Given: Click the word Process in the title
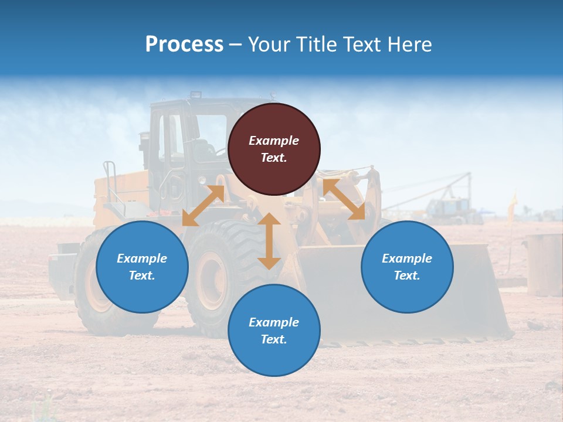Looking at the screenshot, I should click(x=184, y=45).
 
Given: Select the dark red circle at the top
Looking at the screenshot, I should click(x=274, y=149).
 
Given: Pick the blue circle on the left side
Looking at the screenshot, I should click(x=142, y=267).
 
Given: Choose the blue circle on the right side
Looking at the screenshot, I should click(x=407, y=267).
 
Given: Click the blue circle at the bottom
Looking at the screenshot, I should click(x=274, y=331).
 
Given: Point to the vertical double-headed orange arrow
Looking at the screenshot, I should click(x=269, y=241).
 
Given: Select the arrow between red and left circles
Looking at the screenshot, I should click(x=203, y=205).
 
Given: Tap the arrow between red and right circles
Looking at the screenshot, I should click(x=344, y=199).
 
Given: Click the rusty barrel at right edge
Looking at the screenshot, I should click(x=544, y=264).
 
